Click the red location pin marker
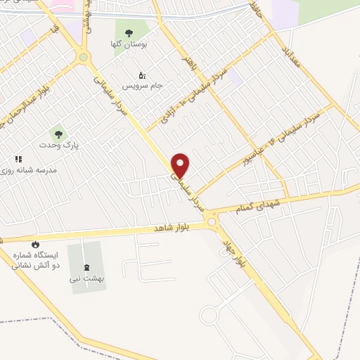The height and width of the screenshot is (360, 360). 181,165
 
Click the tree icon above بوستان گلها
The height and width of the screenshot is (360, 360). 128,32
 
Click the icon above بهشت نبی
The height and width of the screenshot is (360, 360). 86,267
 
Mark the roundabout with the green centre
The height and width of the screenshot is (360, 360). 84,57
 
